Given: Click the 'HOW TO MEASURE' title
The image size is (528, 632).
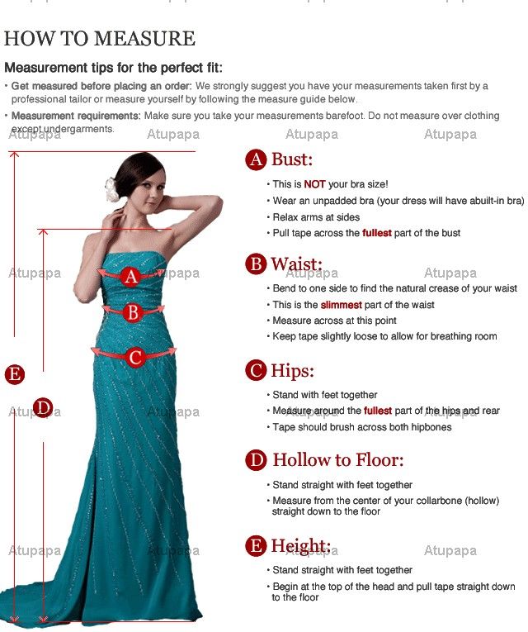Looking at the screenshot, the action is pos(99,38).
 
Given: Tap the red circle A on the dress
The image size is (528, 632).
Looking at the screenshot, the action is pos(131,277).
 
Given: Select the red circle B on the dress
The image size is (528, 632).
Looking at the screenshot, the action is pos(133,313).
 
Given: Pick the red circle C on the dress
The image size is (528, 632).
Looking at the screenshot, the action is pos(135,357).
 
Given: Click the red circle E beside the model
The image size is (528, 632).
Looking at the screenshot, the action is pos(15,374).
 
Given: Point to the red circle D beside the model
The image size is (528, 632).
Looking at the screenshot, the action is pos(43,407).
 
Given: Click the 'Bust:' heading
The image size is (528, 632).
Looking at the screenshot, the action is pos(292,159).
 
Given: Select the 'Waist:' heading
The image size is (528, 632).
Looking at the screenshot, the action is pos(297,264).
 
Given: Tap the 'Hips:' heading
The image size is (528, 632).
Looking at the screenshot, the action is pos(292,371).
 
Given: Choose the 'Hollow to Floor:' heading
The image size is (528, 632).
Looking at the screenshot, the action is pos(338,460).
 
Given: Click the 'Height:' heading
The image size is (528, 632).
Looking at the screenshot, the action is pos(300,546).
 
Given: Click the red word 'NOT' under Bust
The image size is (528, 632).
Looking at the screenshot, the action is pos(314,184).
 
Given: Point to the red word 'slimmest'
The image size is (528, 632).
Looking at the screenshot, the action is pos(342,305).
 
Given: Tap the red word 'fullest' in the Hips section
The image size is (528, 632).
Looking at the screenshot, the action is pos(378,411).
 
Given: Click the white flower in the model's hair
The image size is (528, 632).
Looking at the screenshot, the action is pos(111,189).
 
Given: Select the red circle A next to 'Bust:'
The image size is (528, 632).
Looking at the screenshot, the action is pos(256,159).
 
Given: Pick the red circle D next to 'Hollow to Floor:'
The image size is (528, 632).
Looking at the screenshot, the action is pos(256,460).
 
